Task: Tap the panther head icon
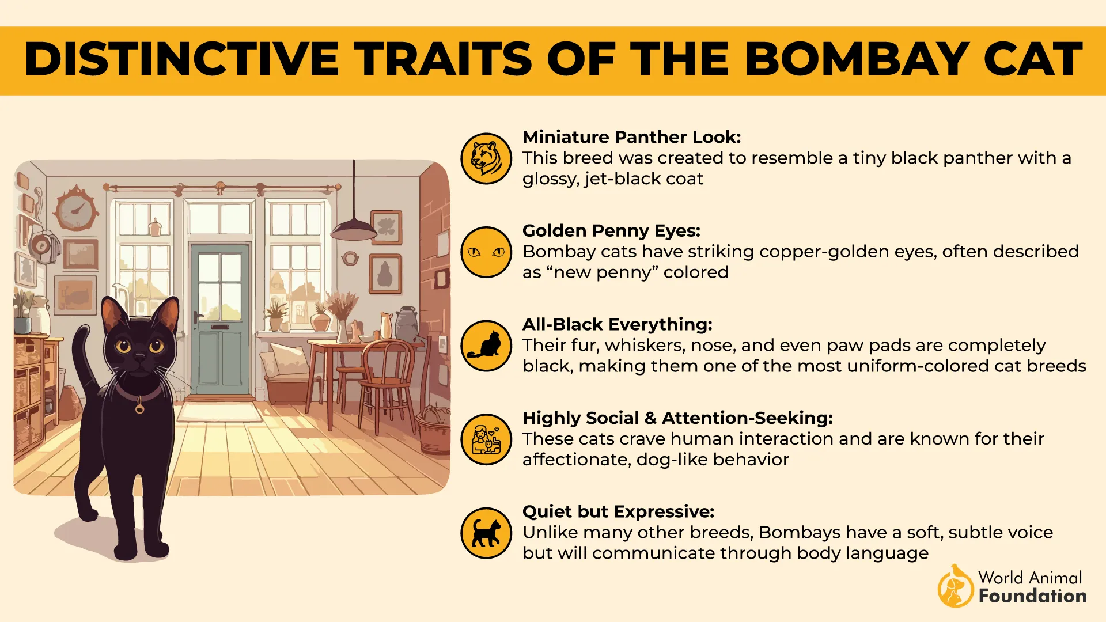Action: click(x=486, y=158)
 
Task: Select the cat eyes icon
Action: click(x=486, y=252)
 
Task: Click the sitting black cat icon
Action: click(x=486, y=346)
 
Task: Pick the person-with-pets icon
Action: click(x=486, y=439)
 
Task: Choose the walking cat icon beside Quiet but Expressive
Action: click(x=486, y=533)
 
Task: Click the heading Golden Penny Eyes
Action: click(x=611, y=231)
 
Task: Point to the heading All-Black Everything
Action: click(x=617, y=324)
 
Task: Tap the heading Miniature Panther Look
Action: click(x=631, y=137)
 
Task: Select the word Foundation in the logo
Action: click(x=1032, y=596)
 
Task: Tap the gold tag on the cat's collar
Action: click(x=139, y=408)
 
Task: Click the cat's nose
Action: click(x=139, y=358)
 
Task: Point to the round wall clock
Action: click(x=75, y=208)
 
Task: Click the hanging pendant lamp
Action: click(x=353, y=229)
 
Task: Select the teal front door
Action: click(x=219, y=320)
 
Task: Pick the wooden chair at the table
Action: click(x=386, y=380)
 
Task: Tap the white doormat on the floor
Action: click(x=219, y=412)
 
